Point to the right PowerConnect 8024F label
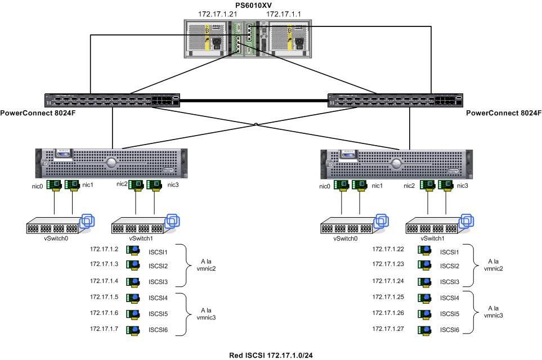(504, 113)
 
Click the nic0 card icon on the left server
(54, 185)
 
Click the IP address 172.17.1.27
(388, 328)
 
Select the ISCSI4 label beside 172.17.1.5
(158, 297)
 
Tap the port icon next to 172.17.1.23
(420, 265)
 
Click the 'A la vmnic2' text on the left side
(208, 264)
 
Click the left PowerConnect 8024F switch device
(113, 100)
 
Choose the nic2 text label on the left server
(122, 184)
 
